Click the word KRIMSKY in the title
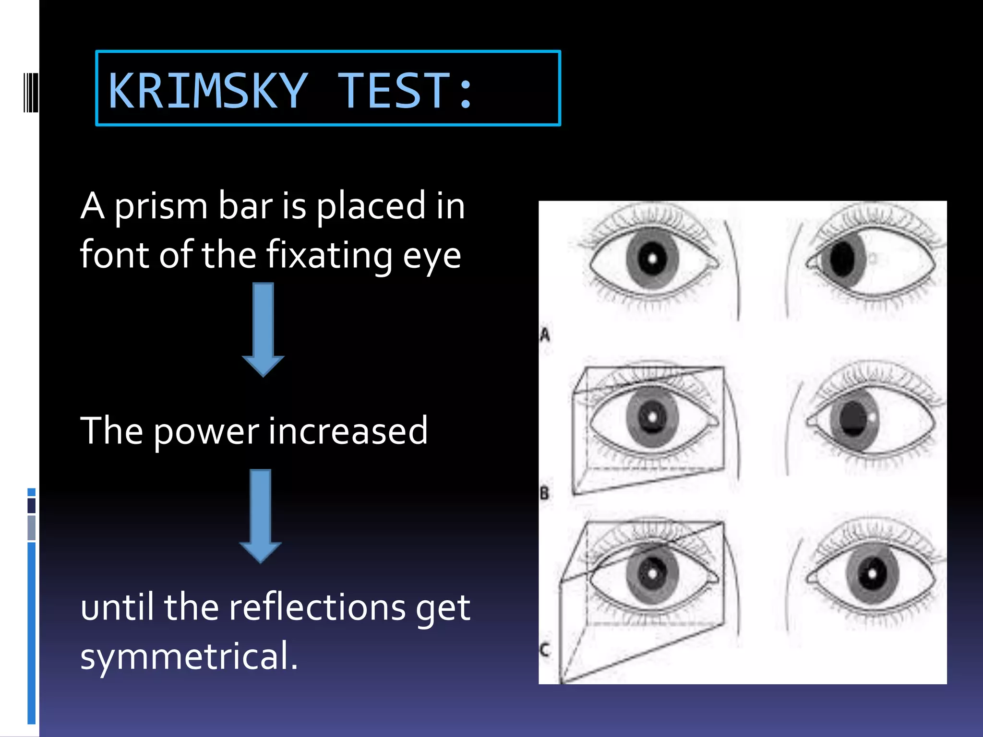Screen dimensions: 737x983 coord(207,90)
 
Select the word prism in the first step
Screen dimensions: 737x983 coord(161,206)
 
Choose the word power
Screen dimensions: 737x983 coord(206,432)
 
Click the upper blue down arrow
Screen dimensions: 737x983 coord(263,329)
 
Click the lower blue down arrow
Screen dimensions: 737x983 coord(261,515)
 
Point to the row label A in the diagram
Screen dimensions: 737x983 coord(544,334)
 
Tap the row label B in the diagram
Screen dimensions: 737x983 coord(544,492)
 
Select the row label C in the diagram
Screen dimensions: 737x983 coord(544,650)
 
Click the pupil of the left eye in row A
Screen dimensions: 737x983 coord(652,259)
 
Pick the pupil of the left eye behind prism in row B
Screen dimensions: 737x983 coord(652,416)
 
